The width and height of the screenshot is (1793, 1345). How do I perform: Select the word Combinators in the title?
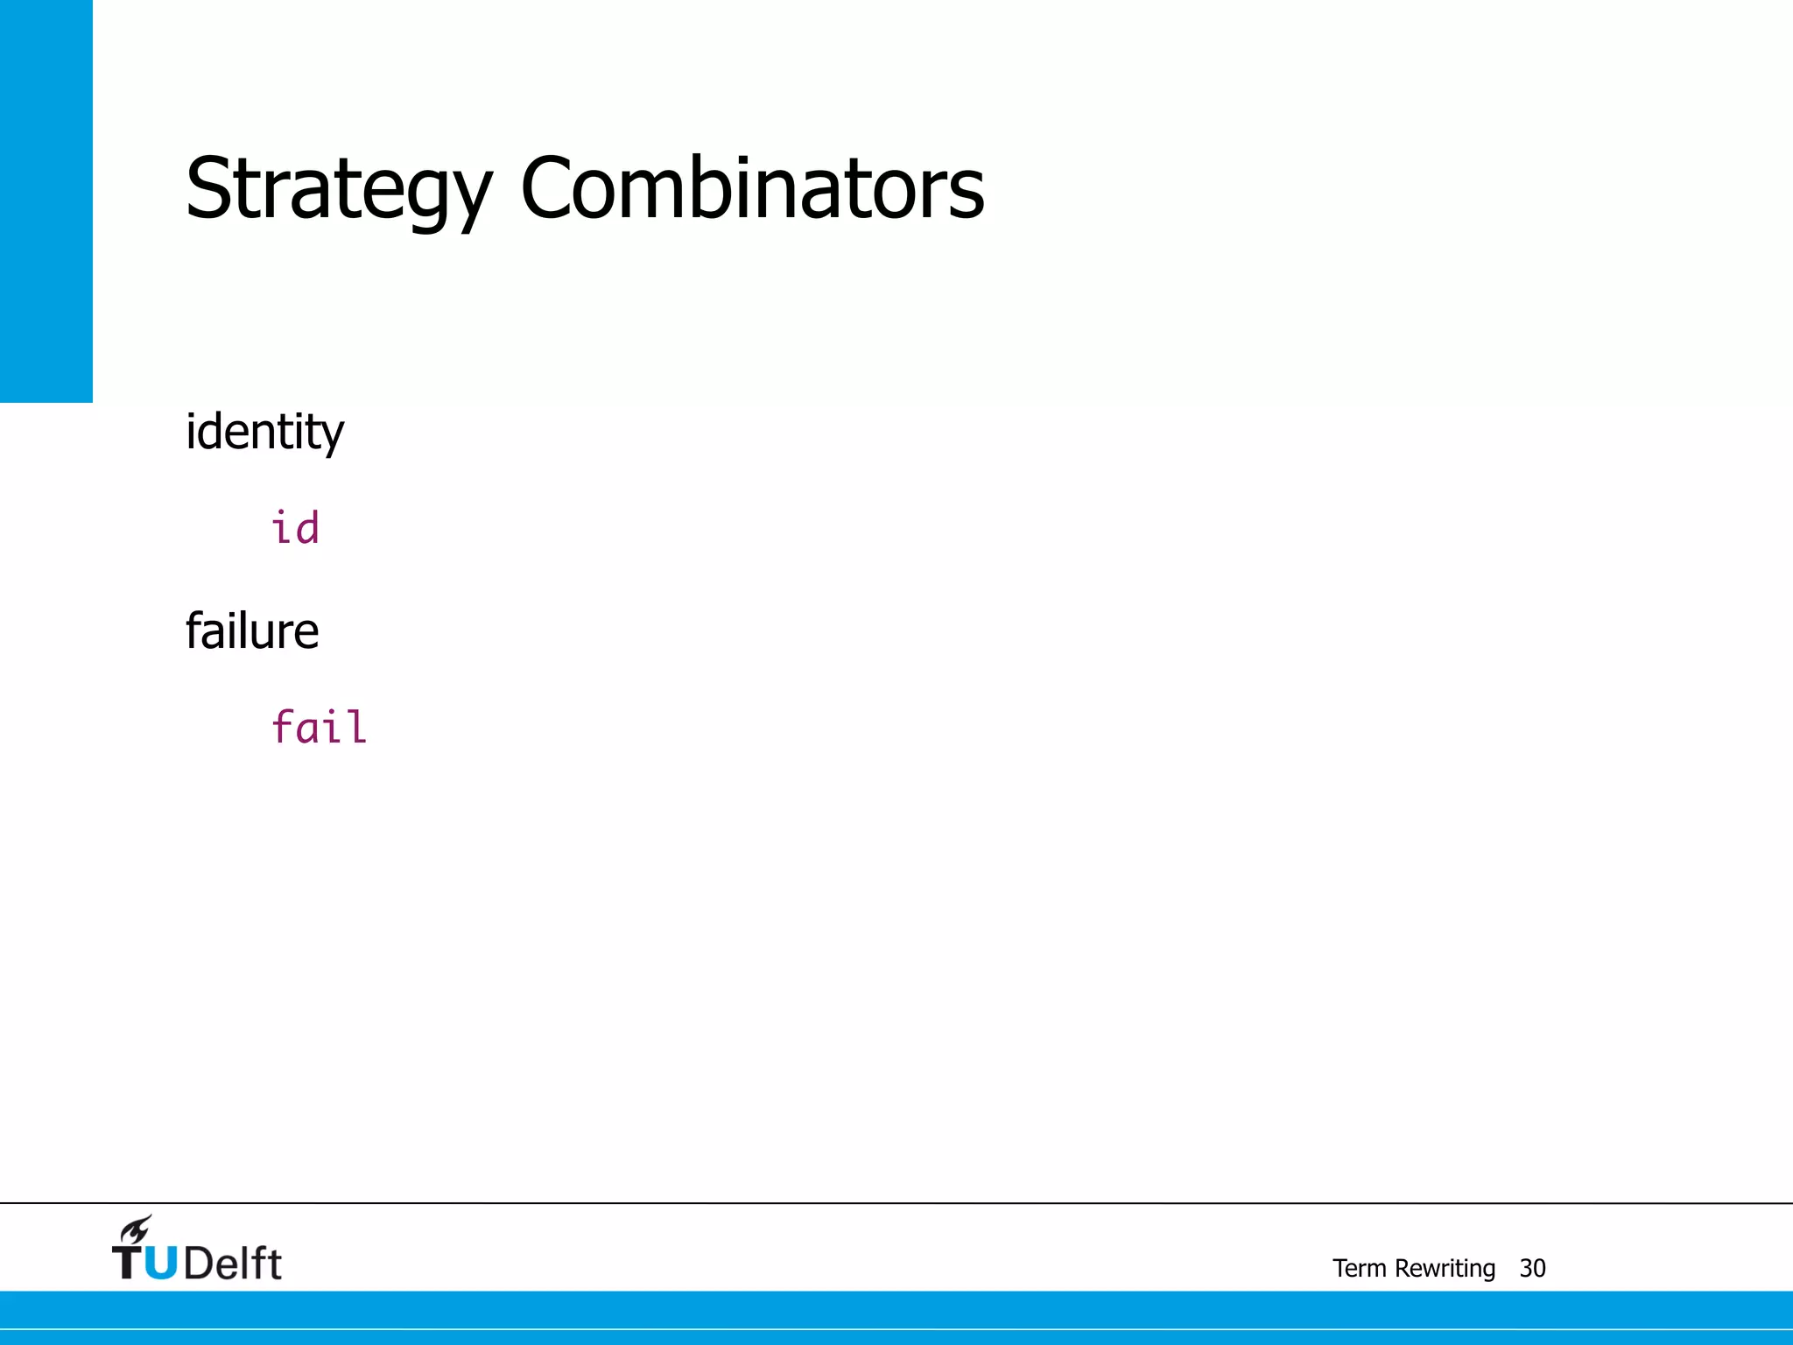753,187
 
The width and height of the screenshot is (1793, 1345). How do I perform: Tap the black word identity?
264,433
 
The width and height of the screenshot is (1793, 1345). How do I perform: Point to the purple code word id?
295,529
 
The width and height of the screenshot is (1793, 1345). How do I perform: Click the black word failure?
252,631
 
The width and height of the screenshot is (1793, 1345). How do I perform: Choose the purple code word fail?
319,728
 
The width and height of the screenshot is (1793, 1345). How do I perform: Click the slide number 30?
1532,1268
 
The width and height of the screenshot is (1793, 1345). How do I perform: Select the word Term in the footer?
1359,1268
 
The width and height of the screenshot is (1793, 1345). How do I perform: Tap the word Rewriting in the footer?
1445,1269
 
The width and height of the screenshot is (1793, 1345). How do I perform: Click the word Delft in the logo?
233,1264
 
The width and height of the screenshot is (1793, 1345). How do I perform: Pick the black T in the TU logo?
127,1263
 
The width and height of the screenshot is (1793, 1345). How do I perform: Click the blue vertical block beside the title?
46,201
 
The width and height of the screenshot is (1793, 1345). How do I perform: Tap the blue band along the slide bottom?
896,1317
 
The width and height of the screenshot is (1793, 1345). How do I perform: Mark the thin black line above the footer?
896,1203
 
